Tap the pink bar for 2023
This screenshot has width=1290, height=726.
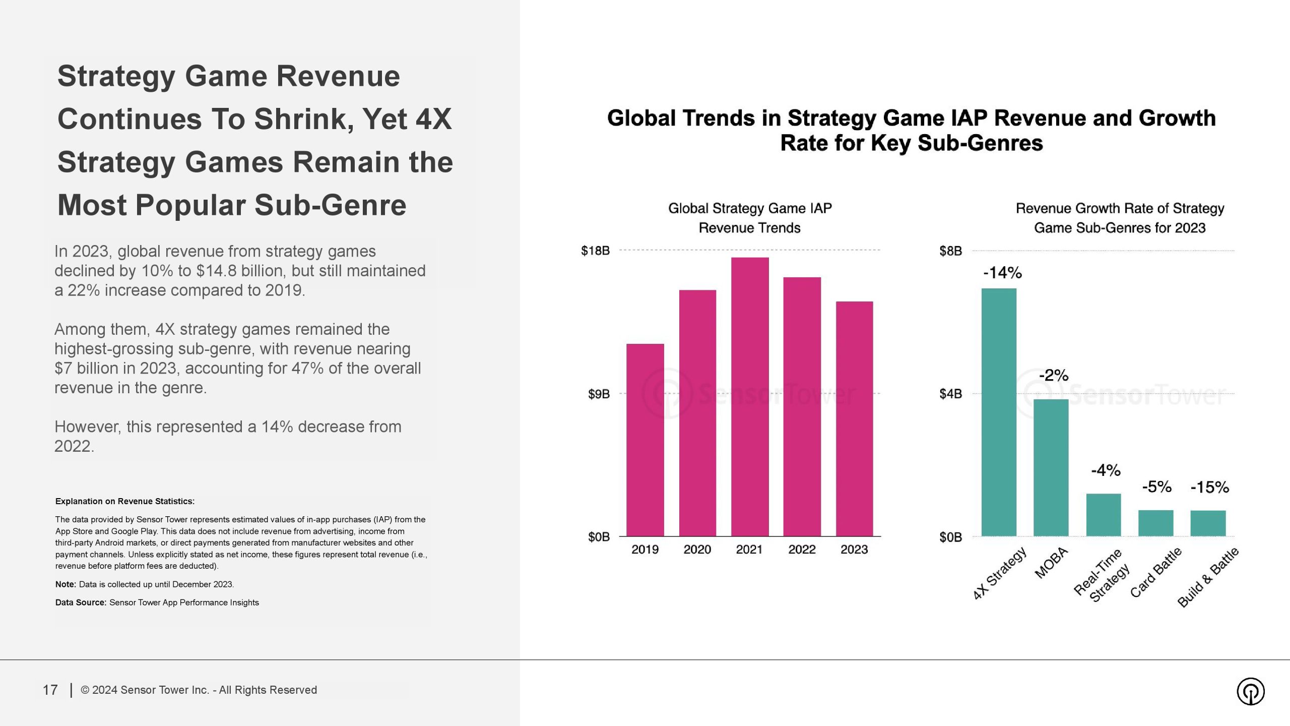[854, 418]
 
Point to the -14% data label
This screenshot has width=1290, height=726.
[1002, 273]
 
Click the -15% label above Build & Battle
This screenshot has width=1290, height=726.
[1209, 488]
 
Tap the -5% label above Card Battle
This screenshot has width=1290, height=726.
[1156, 487]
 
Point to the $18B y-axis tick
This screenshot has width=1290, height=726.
[595, 251]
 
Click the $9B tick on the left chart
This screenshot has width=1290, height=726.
[599, 394]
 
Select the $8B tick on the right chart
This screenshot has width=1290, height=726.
[950, 251]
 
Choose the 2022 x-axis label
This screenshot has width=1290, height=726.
[802, 550]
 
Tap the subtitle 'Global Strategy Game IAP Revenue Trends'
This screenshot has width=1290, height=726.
[750, 218]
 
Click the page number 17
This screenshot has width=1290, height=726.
[50, 690]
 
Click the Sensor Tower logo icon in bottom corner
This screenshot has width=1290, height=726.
[1250, 691]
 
